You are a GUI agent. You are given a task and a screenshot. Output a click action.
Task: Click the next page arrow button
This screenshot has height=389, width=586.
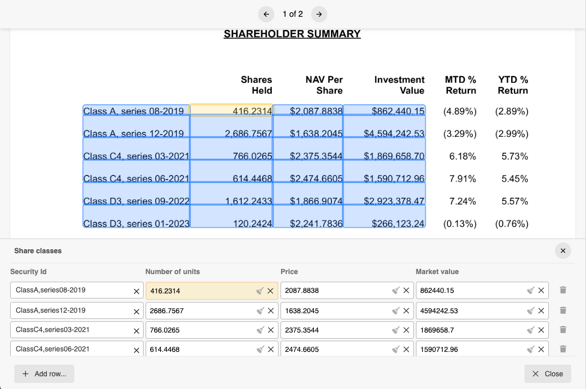click(319, 14)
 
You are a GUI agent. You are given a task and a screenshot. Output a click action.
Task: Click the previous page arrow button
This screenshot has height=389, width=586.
click(266, 14)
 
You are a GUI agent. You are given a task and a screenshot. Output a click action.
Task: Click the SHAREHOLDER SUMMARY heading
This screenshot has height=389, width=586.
click(292, 34)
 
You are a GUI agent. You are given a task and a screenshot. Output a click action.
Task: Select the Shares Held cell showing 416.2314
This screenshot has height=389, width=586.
click(232, 111)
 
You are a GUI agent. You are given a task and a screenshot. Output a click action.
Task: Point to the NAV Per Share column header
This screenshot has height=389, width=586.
click(324, 85)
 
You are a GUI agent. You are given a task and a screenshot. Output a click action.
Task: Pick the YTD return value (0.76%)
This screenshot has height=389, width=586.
click(511, 224)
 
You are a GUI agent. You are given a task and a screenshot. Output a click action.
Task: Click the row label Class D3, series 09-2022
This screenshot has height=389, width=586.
click(136, 201)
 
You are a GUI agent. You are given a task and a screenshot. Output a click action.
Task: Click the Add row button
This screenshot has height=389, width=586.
click(44, 374)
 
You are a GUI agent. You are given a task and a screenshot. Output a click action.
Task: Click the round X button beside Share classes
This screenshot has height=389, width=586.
click(563, 251)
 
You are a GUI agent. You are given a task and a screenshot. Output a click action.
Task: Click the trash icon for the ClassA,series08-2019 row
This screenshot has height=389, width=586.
click(563, 290)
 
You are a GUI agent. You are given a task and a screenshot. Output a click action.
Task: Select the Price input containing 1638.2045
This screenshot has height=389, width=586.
click(336, 311)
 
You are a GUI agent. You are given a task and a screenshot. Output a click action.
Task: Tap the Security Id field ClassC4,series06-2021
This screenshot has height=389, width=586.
click(71, 349)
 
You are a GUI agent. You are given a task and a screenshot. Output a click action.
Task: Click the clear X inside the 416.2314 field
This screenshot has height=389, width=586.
click(270, 291)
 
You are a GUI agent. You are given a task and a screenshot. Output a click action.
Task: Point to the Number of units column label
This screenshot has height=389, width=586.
click(173, 272)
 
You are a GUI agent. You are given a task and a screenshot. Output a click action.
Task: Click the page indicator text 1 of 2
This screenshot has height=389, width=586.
click(293, 14)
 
